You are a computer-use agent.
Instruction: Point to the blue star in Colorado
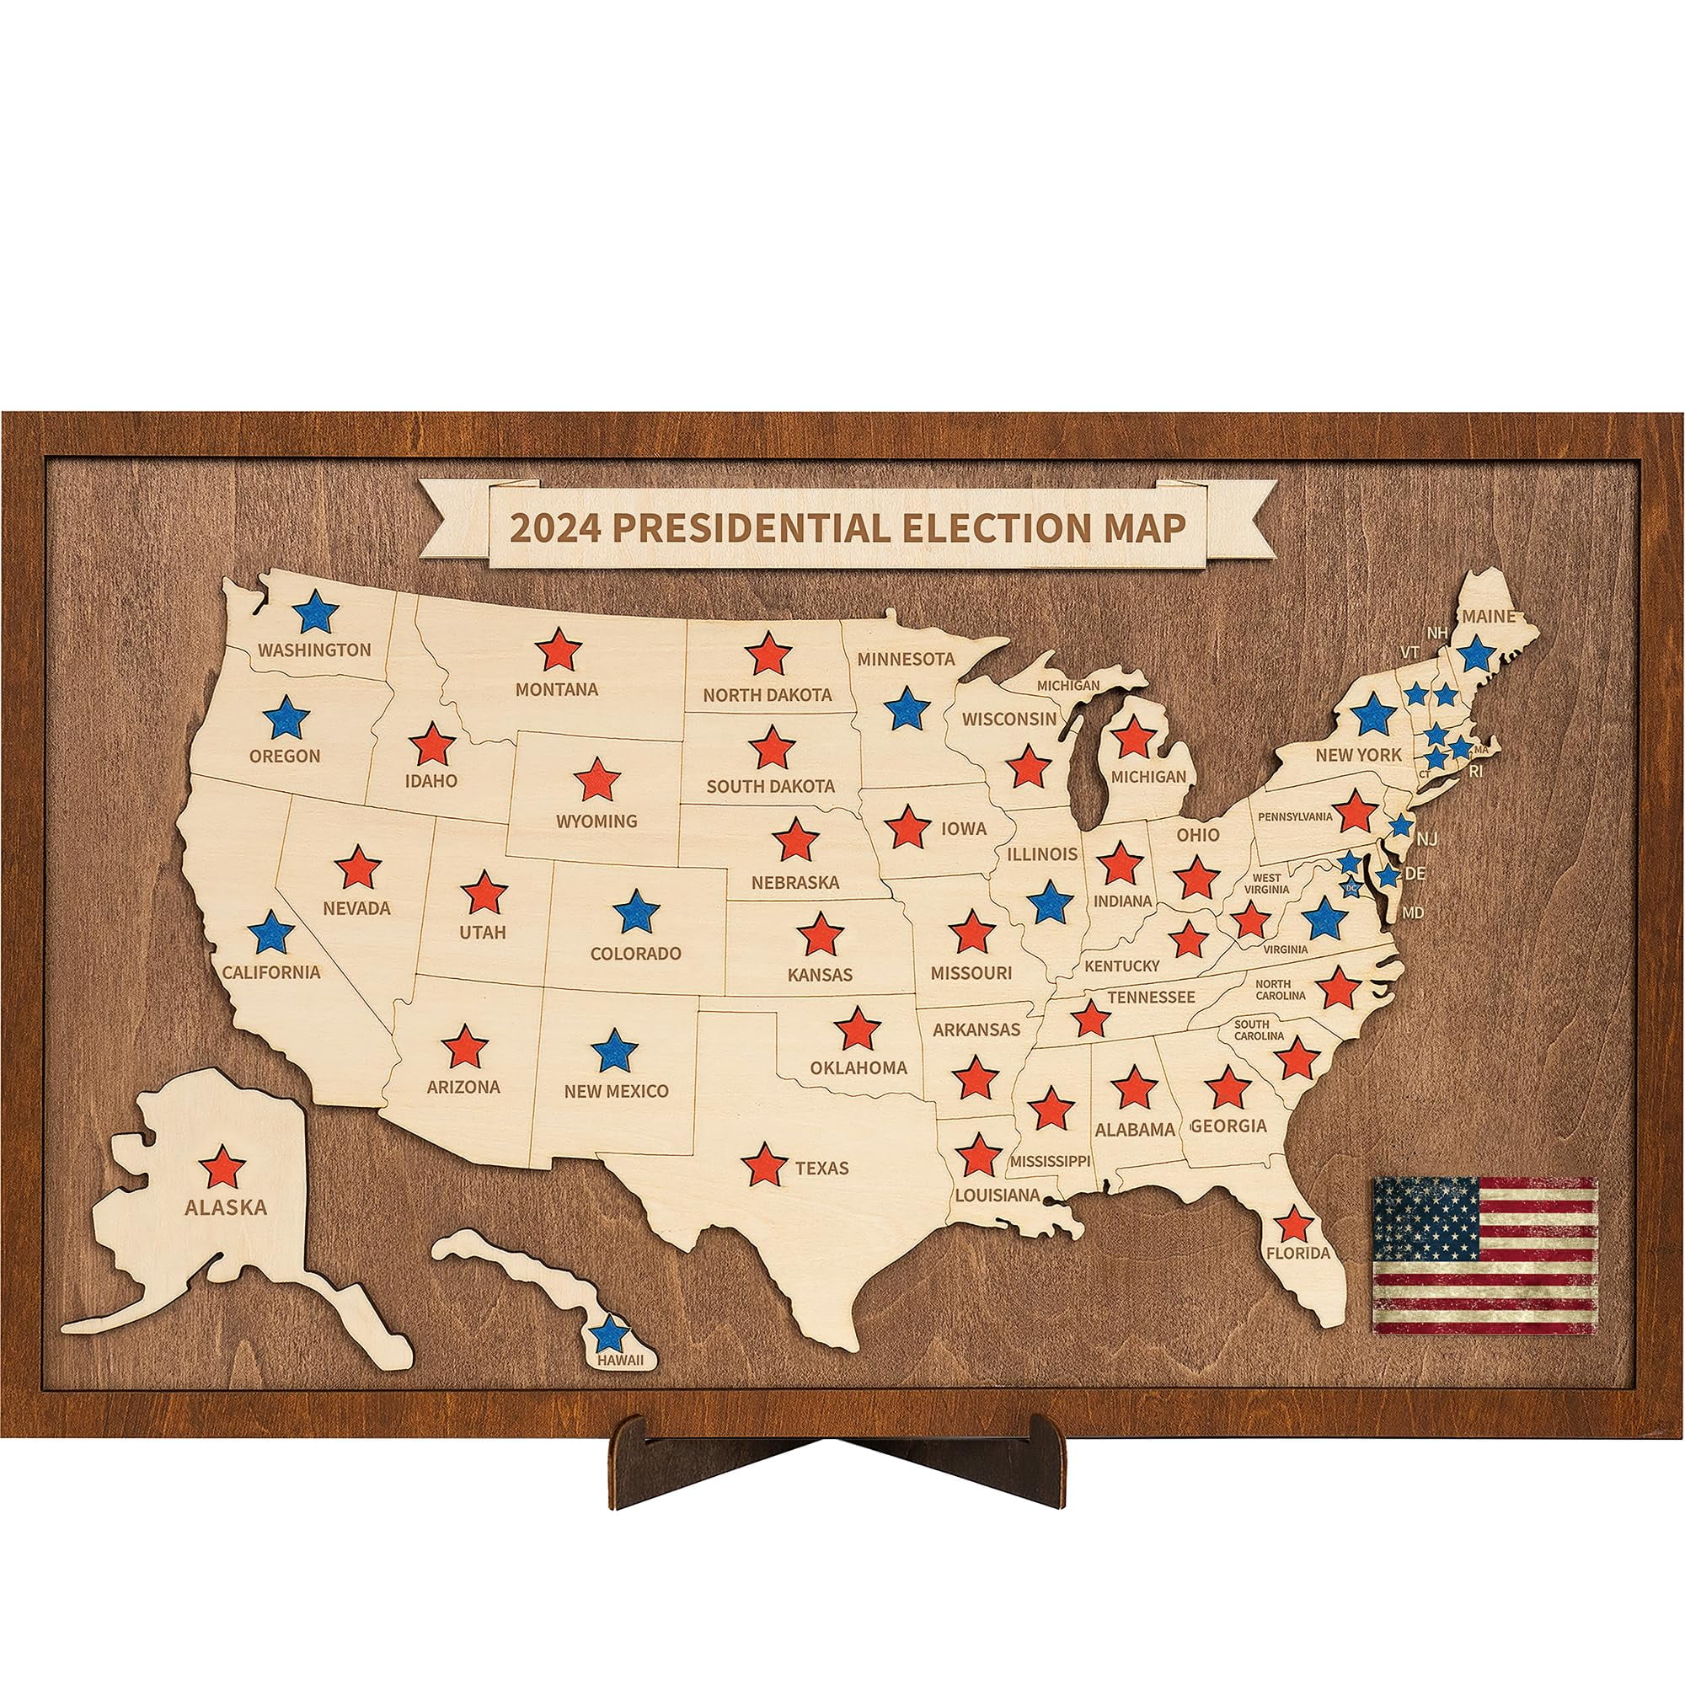pyautogui.click(x=637, y=912)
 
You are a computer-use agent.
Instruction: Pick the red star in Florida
pyautogui.click(x=1293, y=1224)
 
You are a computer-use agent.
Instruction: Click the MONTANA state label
pyautogui.click(x=556, y=690)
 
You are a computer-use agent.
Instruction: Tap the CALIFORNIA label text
pyautogui.click(x=271, y=971)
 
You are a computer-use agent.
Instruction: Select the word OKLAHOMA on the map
pyautogui.click(x=859, y=1067)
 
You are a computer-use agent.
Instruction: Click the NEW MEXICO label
pyautogui.click(x=616, y=1091)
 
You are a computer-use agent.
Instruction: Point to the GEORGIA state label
pyautogui.click(x=1228, y=1126)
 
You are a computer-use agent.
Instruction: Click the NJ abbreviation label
pyautogui.click(x=1427, y=839)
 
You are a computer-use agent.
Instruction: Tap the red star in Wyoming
pyautogui.click(x=597, y=779)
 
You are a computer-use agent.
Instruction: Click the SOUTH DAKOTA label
pyautogui.click(x=770, y=786)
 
